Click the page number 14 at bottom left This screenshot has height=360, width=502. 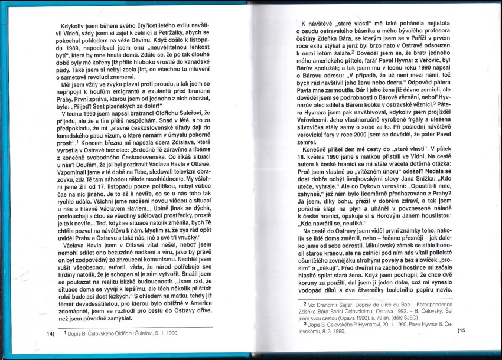coord(50,333)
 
